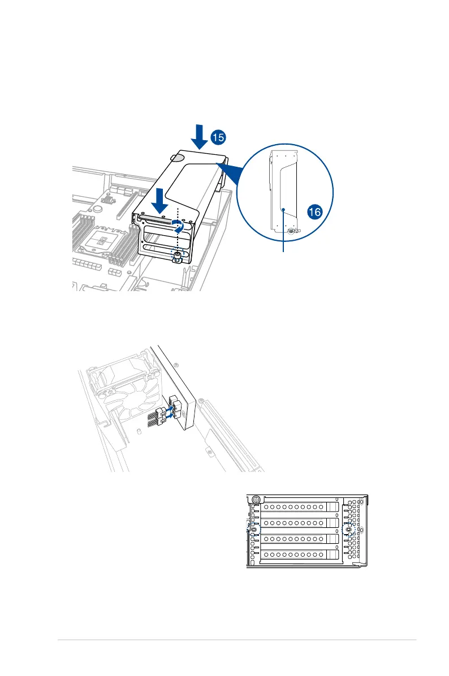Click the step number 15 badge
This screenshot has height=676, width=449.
tap(218, 137)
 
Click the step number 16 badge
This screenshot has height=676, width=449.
tap(316, 212)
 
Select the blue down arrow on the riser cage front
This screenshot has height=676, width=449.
tap(159, 200)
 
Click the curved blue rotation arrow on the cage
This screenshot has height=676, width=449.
tap(179, 228)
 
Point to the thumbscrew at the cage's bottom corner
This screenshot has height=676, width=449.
tap(176, 258)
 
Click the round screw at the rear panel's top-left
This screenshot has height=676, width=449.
tap(257, 500)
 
